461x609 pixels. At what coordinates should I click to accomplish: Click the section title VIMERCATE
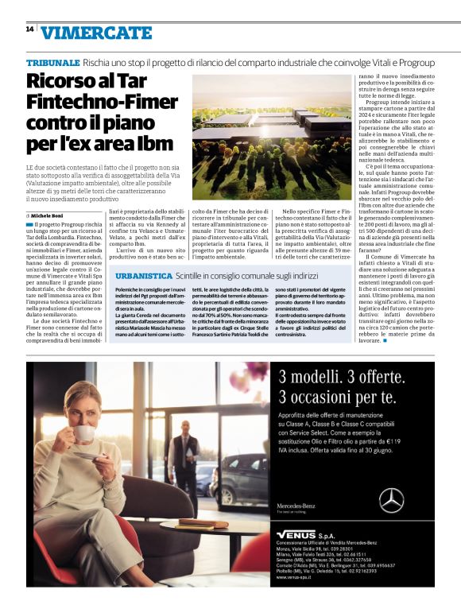click(96, 33)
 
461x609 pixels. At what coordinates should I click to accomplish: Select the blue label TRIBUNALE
click(52, 62)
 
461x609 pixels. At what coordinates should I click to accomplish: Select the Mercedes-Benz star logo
click(391, 500)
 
